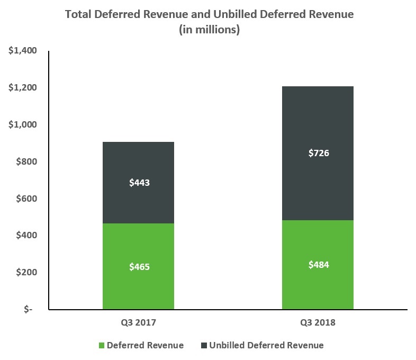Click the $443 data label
pyautogui.click(x=140, y=183)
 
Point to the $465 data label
pyautogui.click(x=140, y=267)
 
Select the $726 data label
pyautogui.click(x=319, y=154)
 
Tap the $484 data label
pyautogui.click(x=319, y=264)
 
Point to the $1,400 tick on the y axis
pyautogui.click(x=22, y=51)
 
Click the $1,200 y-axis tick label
pyautogui.click(x=22, y=88)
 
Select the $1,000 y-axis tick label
pyautogui.click(x=22, y=125)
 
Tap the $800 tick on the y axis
pyautogui.click(x=26, y=161)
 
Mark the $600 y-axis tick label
pyautogui.click(x=26, y=199)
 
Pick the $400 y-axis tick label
pyautogui.click(x=26, y=235)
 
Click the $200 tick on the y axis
pyautogui.click(x=26, y=272)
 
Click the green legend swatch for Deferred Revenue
pyautogui.click(x=101, y=346)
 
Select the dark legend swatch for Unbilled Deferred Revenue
pyautogui.click(x=203, y=346)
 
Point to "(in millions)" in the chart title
pyautogui.click(x=209, y=30)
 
